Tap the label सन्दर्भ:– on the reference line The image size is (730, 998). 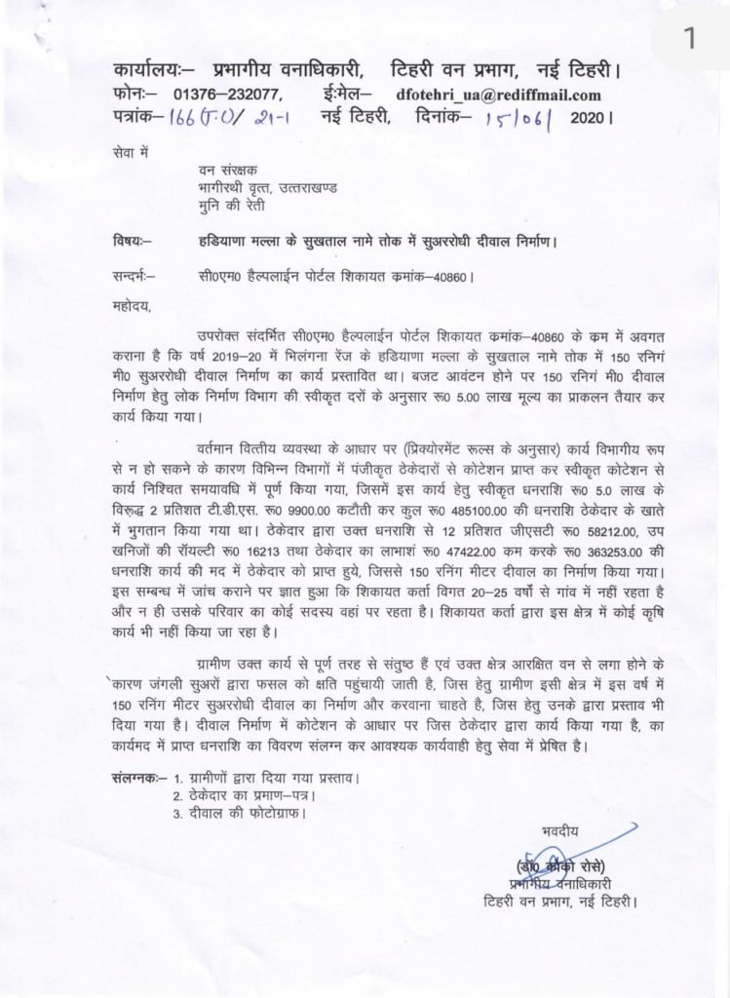click(134, 277)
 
